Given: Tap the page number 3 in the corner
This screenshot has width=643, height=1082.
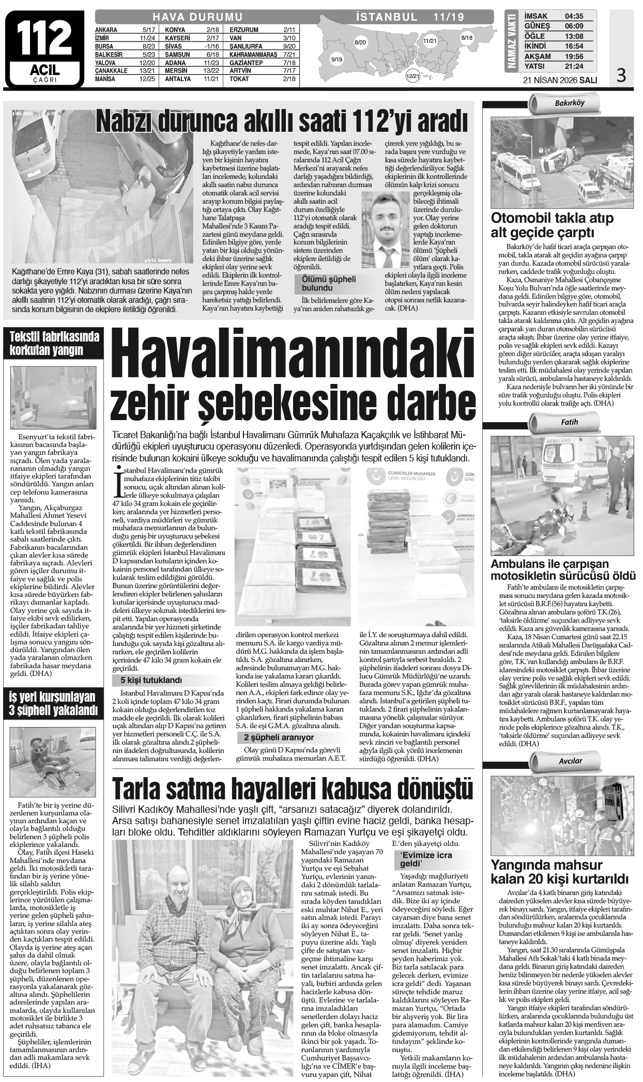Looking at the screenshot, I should [621, 75].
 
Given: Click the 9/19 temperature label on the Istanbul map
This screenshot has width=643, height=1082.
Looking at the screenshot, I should [336, 60].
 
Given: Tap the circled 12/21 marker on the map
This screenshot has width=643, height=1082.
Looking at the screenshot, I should [412, 76].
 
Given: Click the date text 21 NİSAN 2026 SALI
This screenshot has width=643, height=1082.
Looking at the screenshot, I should [561, 80].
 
